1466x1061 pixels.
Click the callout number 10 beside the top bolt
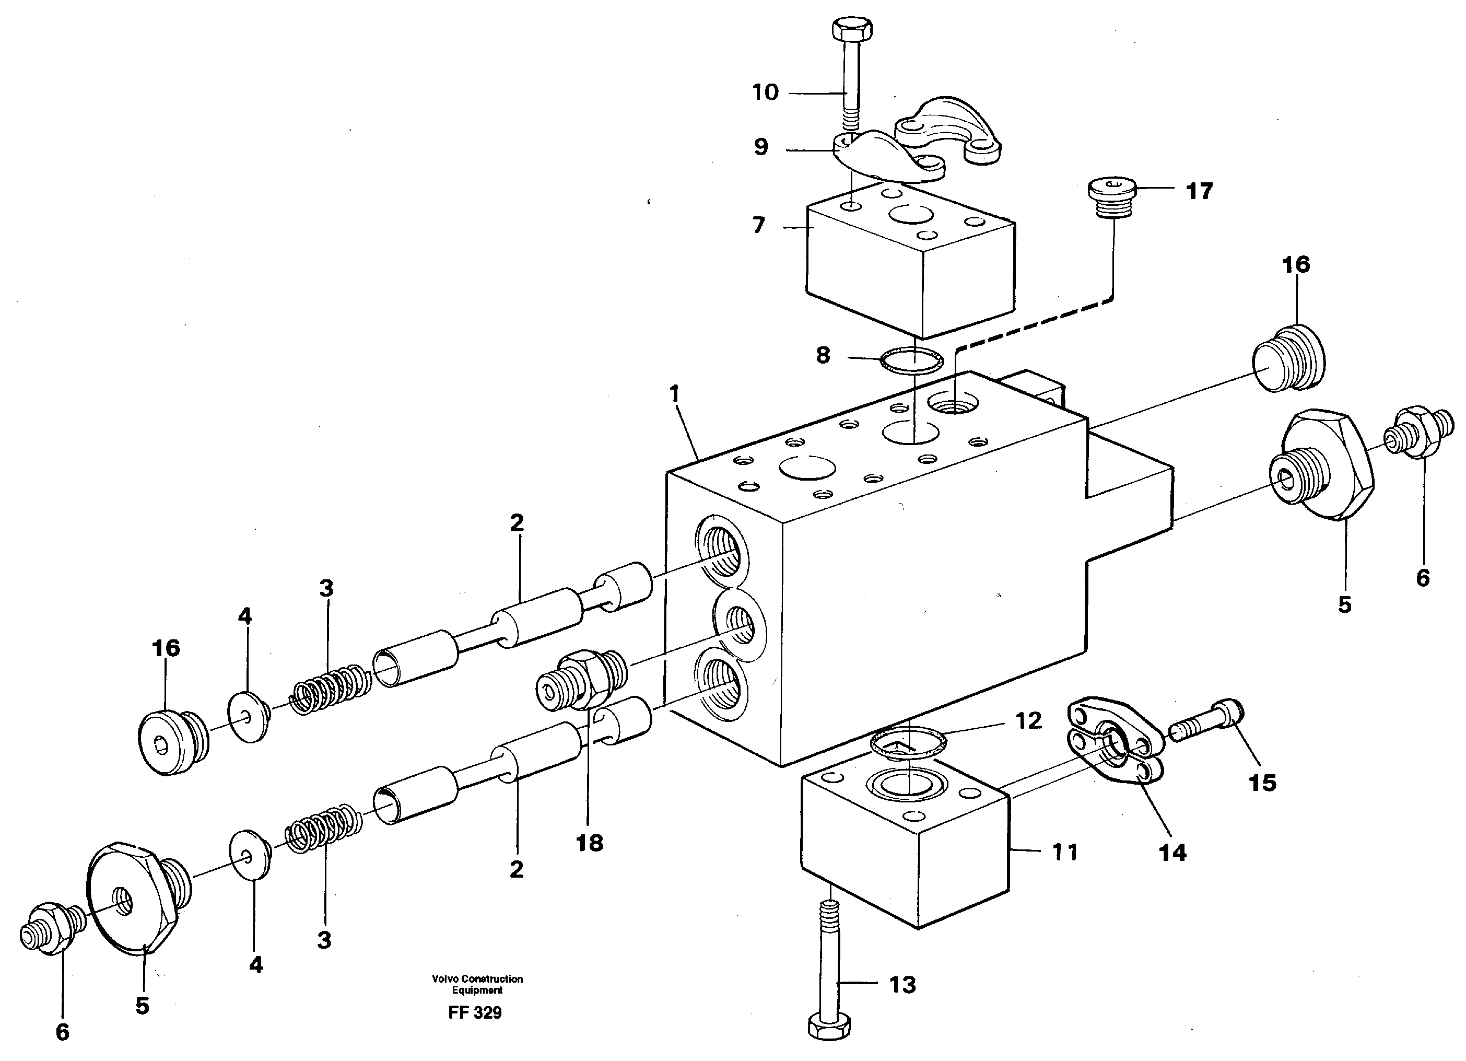coord(765,92)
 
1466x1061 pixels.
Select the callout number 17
coord(1199,191)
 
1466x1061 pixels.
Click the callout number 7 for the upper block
coord(759,226)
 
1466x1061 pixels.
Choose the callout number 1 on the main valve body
coord(675,394)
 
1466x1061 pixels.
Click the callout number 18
coord(590,843)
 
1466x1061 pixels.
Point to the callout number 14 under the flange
coord(1172,853)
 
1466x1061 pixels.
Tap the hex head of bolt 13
coord(829,1025)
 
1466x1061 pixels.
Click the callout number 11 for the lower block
coord(1064,852)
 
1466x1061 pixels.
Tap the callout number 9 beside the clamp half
coord(761,147)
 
